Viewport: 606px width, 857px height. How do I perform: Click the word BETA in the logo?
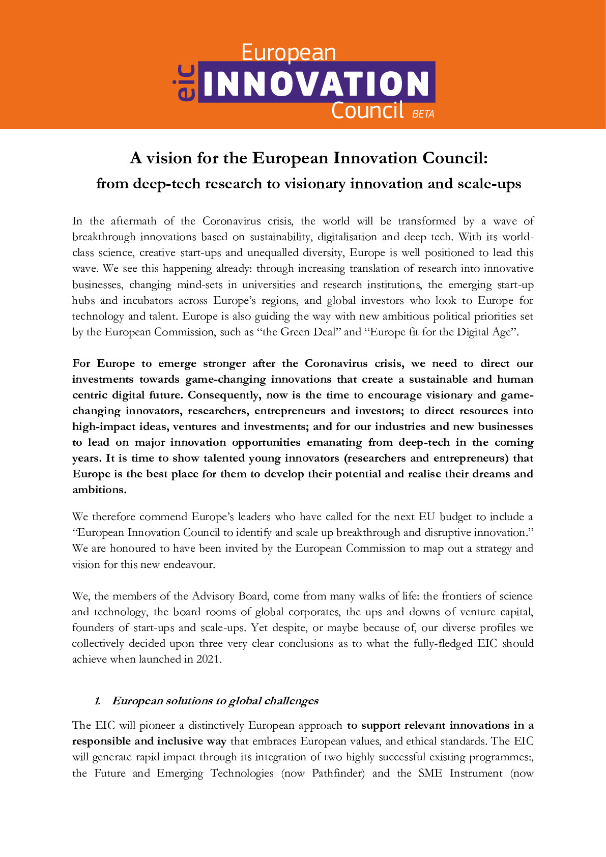(423, 115)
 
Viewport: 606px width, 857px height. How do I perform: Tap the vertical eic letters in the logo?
(186, 82)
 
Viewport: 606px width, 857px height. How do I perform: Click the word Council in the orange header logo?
(367, 110)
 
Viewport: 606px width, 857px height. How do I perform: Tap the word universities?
(268, 284)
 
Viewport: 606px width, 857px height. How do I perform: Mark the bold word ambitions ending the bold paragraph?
(99, 490)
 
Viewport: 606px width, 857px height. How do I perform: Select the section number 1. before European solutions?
(98, 701)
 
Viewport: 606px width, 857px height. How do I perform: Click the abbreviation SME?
(430, 773)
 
